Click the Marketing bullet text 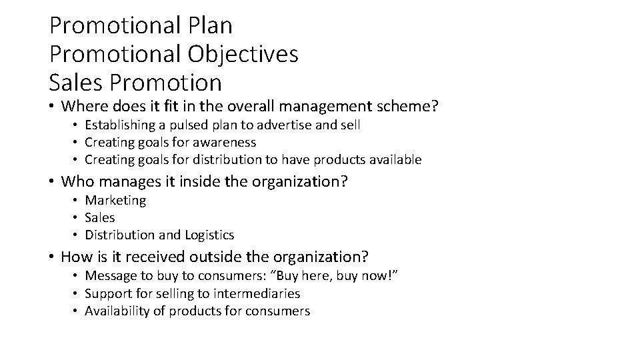tap(115, 200)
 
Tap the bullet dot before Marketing tap(77, 201)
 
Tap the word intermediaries tap(259, 293)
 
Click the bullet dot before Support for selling tap(77, 294)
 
